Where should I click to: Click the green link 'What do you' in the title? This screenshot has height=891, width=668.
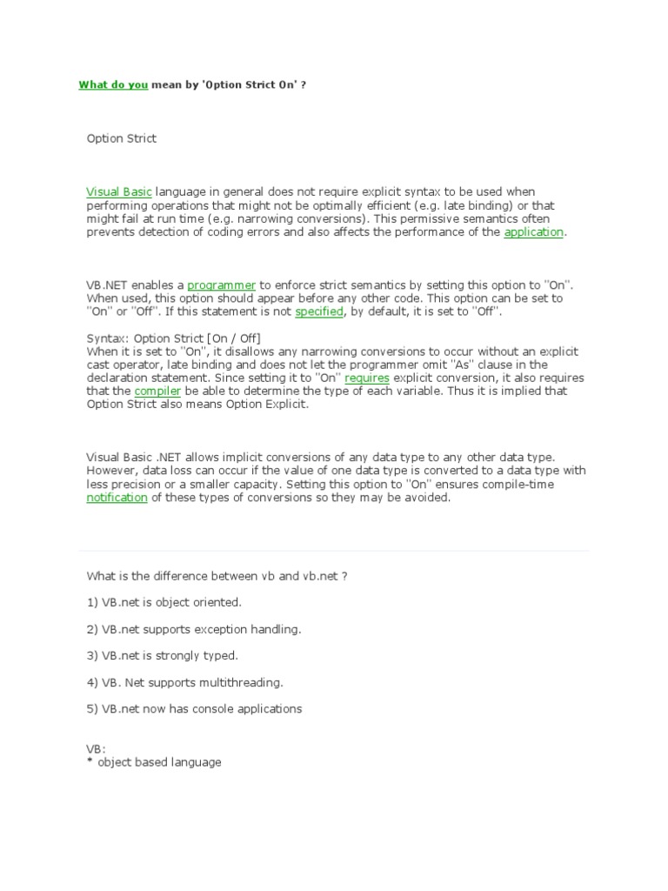pyautogui.click(x=113, y=85)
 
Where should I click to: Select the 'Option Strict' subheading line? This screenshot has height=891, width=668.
pyautogui.click(x=122, y=138)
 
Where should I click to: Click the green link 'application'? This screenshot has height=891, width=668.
pyautogui.click(x=534, y=232)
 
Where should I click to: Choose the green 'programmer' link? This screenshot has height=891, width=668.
pyautogui.click(x=221, y=285)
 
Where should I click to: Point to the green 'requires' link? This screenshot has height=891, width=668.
pyautogui.click(x=366, y=378)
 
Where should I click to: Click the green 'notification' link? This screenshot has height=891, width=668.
pyautogui.click(x=117, y=498)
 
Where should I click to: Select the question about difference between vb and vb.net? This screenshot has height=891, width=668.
pyautogui.click(x=217, y=576)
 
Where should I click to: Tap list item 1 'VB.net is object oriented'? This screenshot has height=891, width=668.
pyautogui.click(x=164, y=602)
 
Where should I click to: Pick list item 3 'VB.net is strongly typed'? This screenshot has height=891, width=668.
pyautogui.click(x=162, y=655)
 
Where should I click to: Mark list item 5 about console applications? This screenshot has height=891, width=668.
pyautogui.click(x=194, y=708)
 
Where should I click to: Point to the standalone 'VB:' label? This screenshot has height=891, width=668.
pyautogui.click(x=96, y=748)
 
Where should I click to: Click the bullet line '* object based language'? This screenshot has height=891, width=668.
pyautogui.click(x=154, y=762)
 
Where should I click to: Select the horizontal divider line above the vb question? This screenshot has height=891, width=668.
pyautogui.click(x=334, y=550)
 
